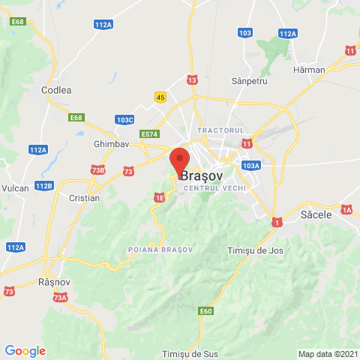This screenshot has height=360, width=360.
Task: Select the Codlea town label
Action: [x=56, y=90]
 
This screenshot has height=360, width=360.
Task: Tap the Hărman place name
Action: [x=310, y=70]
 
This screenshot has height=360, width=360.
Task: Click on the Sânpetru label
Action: [x=250, y=80]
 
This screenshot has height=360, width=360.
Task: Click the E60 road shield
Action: [x=206, y=310]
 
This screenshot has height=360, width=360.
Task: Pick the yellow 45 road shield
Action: [x=160, y=97]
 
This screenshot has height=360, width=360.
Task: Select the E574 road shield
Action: [x=150, y=133]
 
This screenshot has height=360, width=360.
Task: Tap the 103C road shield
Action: [x=125, y=119]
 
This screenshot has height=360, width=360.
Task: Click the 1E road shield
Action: [x=159, y=197]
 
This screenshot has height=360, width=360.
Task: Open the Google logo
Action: [x=25, y=350]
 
